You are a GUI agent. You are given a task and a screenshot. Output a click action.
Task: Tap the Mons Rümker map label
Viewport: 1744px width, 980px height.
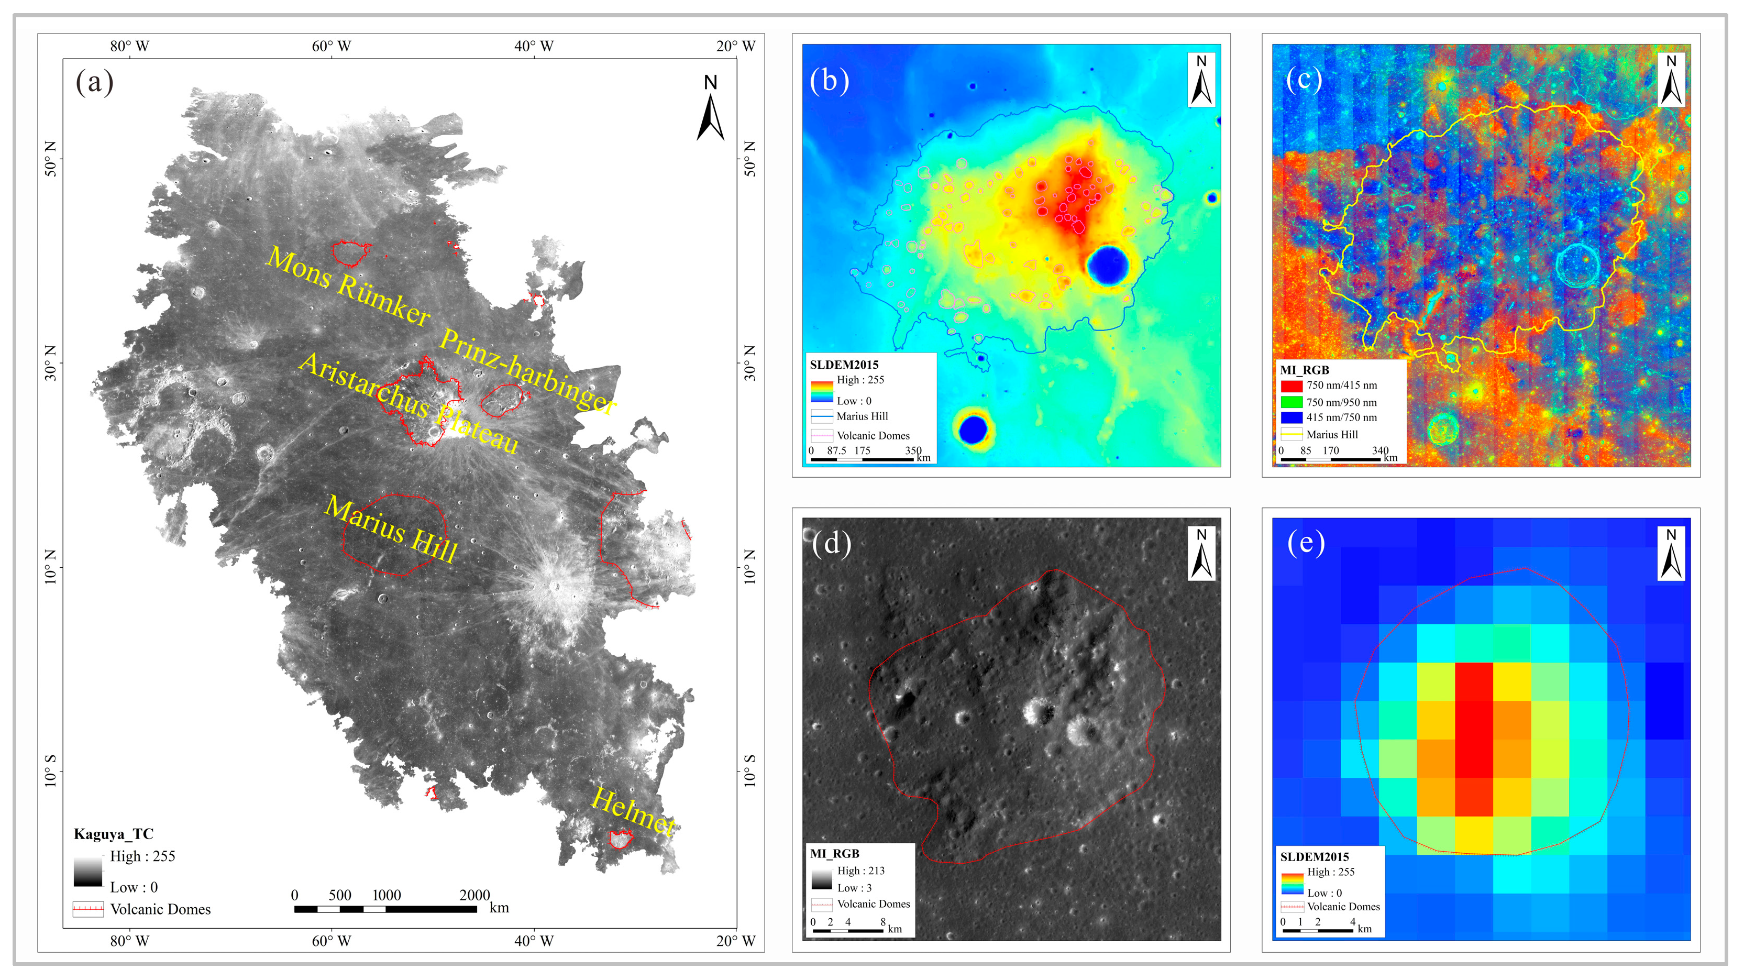(348, 287)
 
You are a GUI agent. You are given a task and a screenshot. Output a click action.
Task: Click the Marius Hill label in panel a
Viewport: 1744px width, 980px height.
(391, 529)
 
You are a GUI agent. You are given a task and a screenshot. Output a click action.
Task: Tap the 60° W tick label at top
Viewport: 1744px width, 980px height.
(331, 46)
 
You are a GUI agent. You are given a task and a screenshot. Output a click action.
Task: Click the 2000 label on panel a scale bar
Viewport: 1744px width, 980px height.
(474, 895)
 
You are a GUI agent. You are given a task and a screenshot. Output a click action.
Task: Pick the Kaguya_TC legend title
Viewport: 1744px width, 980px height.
(113, 834)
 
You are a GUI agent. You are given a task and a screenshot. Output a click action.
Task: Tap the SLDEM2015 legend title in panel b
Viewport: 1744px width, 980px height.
(844, 365)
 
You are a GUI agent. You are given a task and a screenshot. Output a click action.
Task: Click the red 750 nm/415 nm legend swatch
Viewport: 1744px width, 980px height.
(1291, 386)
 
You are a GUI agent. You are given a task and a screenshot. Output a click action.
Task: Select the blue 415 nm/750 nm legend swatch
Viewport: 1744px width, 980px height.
(1291, 417)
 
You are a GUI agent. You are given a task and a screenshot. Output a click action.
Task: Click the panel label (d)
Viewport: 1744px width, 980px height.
(831, 543)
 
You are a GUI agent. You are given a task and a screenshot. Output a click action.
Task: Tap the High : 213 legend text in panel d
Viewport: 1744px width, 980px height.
(860, 871)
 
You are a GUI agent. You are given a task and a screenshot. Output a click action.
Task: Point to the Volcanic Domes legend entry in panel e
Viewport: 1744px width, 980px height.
(1342, 906)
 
